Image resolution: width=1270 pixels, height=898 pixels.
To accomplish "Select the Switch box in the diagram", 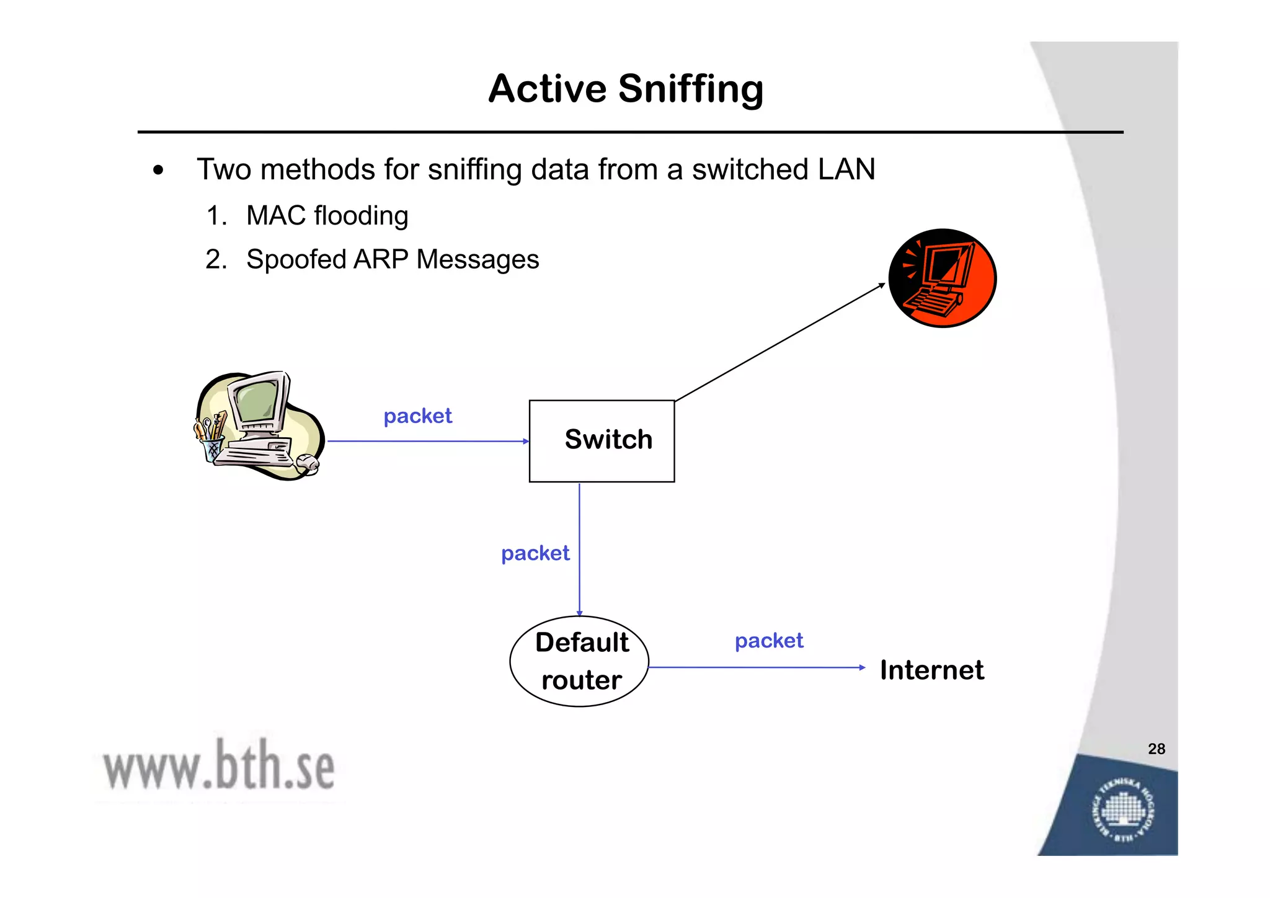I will pos(602,441).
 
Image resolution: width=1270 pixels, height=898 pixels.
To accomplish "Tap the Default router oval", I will pos(579,661).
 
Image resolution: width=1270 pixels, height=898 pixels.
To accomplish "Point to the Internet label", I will pos(931,670).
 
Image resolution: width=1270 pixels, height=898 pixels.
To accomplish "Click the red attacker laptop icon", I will pos(942,278).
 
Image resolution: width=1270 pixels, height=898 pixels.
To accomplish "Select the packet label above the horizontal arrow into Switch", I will pos(417,416).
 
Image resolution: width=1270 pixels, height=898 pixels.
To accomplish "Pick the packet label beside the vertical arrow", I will pos(535,553).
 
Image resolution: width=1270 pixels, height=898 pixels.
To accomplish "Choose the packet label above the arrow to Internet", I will pos(769,641).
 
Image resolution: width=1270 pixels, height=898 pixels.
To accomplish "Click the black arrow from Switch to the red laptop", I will pos(779,342).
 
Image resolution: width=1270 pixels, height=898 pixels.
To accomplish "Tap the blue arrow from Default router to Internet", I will pos(757,667).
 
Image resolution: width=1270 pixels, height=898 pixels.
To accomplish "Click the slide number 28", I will pos(1156,749).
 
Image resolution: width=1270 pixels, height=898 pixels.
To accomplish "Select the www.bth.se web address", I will pos(218,767).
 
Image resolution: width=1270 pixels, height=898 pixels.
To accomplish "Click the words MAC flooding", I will pos(327,216).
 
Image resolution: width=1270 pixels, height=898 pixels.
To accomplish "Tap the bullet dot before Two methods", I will pos(159,171).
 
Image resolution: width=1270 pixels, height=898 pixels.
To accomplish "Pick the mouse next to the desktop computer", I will pos(307,463).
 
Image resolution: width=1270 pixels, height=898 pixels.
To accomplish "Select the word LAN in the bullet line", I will pos(846,169).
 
